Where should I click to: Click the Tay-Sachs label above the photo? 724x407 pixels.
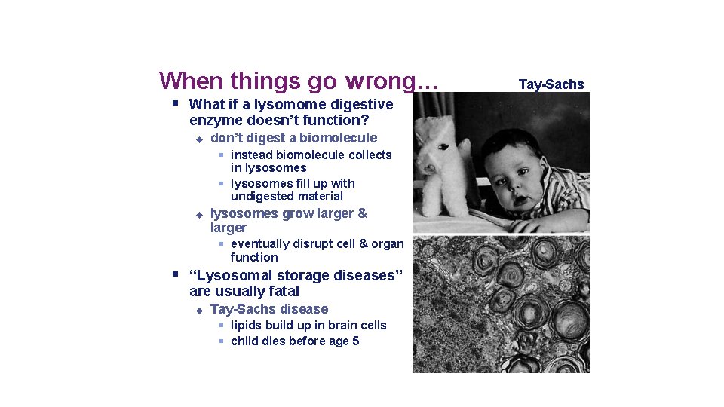551,84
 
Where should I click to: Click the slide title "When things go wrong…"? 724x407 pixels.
299,80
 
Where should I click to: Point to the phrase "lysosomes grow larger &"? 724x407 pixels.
289,213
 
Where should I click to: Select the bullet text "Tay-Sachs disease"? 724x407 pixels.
269,309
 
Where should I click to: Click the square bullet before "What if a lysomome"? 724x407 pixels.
174,103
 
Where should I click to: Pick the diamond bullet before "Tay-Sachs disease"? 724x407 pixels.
199,310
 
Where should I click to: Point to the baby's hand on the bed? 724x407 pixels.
532,224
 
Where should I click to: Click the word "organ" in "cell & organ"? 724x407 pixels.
387,244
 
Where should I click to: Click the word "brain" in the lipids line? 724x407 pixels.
342,326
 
